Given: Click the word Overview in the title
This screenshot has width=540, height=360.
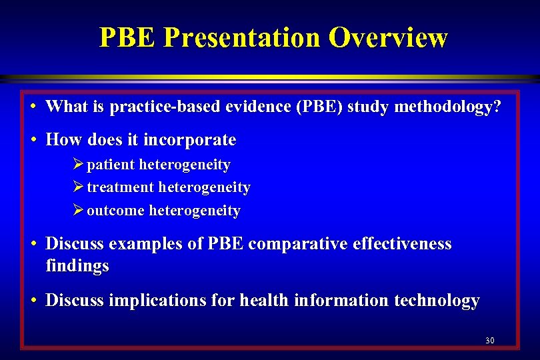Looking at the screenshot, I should [x=387, y=37].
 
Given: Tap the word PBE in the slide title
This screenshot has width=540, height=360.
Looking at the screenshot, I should [x=127, y=37].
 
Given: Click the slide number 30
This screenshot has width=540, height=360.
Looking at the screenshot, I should [x=490, y=341].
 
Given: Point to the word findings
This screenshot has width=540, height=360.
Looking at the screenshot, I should [x=77, y=267].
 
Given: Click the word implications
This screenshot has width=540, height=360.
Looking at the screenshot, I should [x=151, y=301].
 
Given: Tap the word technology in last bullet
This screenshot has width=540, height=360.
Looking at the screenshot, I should [x=437, y=301].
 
